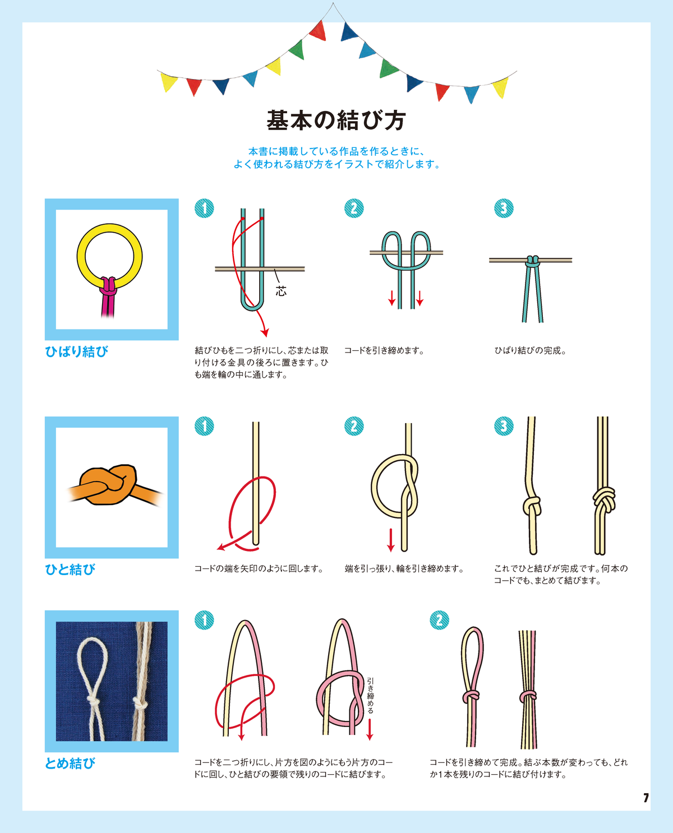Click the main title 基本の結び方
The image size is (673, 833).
[336, 120]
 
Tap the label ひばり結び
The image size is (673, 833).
[77, 351]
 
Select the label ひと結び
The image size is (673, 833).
[70, 570]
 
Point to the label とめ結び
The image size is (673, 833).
[70, 763]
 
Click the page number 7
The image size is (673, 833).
[646, 798]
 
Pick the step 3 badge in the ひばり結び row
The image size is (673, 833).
[504, 209]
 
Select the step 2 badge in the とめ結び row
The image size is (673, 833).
[439, 620]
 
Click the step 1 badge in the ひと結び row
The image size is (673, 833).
[204, 426]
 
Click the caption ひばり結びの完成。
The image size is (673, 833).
[531, 350]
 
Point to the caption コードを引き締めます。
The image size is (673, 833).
[385, 350]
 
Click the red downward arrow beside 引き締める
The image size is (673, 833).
[370, 730]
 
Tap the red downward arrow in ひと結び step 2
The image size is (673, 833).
[390, 540]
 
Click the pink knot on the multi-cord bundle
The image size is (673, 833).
[528, 696]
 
